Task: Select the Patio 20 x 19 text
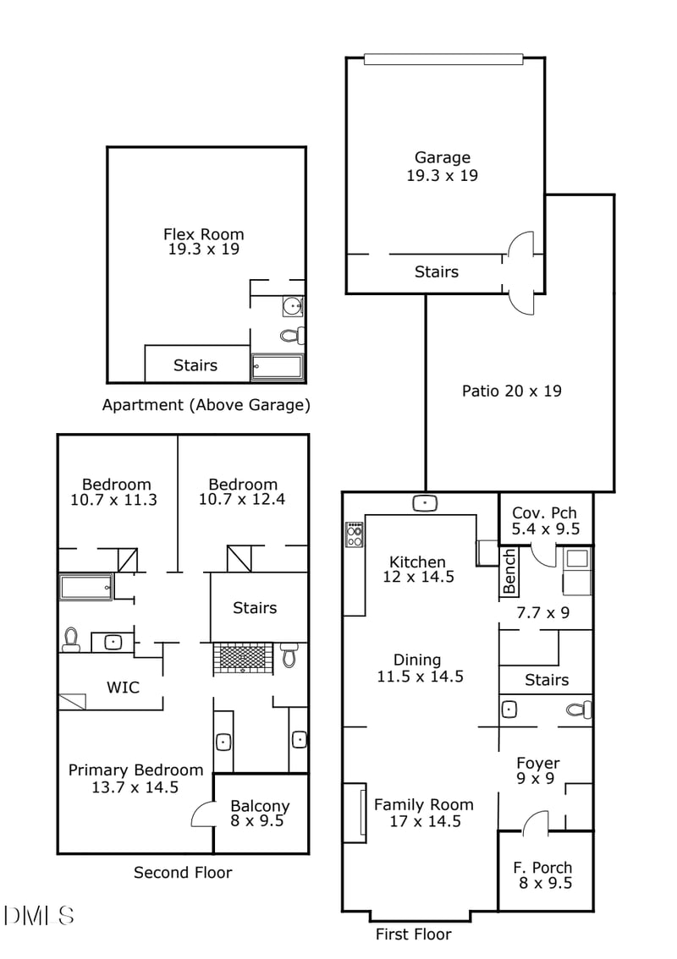pyautogui.click(x=511, y=391)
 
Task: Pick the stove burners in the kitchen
pyautogui.click(x=355, y=534)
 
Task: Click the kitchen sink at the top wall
pyautogui.click(x=425, y=503)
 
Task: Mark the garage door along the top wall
pyautogui.click(x=443, y=59)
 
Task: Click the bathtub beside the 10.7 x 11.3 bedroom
pyautogui.click(x=85, y=587)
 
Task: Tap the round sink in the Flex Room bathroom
pyautogui.click(x=292, y=306)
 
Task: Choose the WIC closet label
pyautogui.click(x=122, y=687)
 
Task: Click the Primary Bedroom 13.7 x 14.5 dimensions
pyautogui.click(x=135, y=786)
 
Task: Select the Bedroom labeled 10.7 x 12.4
pyautogui.click(x=242, y=491)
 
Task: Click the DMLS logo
pyautogui.click(x=39, y=915)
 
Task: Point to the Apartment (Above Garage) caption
pyautogui.click(x=206, y=405)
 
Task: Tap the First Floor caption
pyautogui.click(x=413, y=934)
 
